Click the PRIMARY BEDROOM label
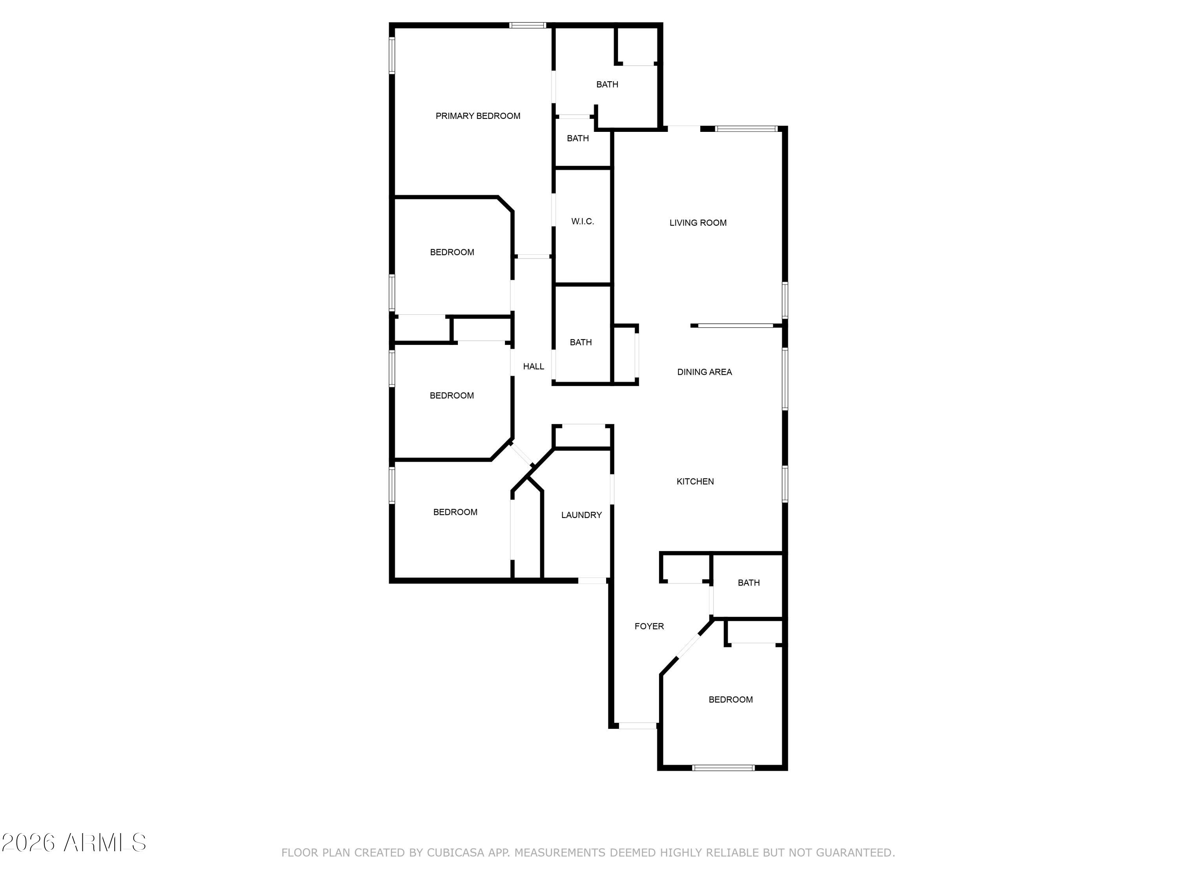[478, 116]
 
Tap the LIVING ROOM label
[698, 223]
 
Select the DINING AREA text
[705, 372]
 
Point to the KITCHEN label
[695, 482]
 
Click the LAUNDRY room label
[581, 515]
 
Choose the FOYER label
[649, 626]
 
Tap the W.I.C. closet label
[583, 221]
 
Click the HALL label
[533, 366]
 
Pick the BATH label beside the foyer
[749, 583]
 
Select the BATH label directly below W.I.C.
[581, 342]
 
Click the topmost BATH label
[607, 85]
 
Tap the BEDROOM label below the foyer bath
[731, 699]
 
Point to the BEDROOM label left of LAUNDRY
[455, 512]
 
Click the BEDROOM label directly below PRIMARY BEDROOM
[452, 252]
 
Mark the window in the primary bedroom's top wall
[528, 25]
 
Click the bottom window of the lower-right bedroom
[723, 768]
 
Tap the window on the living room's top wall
[747, 129]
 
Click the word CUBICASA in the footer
[456, 853]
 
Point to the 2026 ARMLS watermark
[74, 843]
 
